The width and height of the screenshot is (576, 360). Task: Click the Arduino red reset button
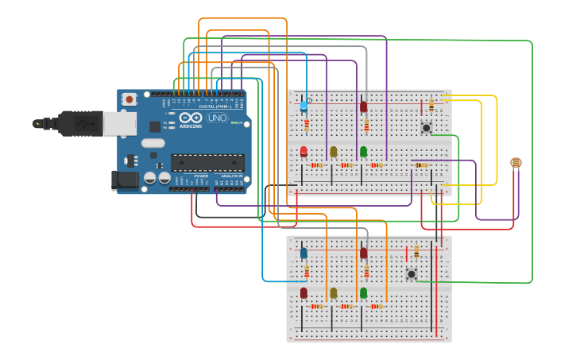(x=129, y=99)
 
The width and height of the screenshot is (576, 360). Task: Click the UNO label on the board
(x=217, y=118)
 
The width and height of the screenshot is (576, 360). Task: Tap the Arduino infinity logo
(x=191, y=118)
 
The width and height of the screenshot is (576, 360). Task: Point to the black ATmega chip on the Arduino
(x=207, y=162)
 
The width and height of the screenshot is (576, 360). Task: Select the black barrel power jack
(x=125, y=180)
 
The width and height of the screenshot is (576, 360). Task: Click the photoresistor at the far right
(x=516, y=163)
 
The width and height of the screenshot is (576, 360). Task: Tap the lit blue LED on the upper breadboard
(x=303, y=106)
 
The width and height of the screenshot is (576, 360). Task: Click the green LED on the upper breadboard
(x=363, y=151)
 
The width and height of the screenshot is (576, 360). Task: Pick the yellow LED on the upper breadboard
(x=334, y=151)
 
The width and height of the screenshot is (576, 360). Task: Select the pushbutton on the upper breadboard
(x=427, y=127)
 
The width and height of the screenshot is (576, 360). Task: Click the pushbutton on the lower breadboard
(x=411, y=274)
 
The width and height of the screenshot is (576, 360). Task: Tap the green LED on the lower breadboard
(x=363, y=293)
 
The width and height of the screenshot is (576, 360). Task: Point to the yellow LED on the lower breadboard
(x=334, y=293)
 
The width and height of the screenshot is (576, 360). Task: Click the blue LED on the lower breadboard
(x=303, y=253)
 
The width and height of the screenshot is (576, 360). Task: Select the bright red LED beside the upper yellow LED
(x=303, y=151)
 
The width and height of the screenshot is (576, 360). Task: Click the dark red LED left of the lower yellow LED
(x=303, y=293)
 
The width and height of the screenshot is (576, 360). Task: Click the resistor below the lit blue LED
(x=307, y=125)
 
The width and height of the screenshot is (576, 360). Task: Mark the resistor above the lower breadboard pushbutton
(x=416, y=253)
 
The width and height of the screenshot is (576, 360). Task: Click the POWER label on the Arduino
(x=201, y=176)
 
